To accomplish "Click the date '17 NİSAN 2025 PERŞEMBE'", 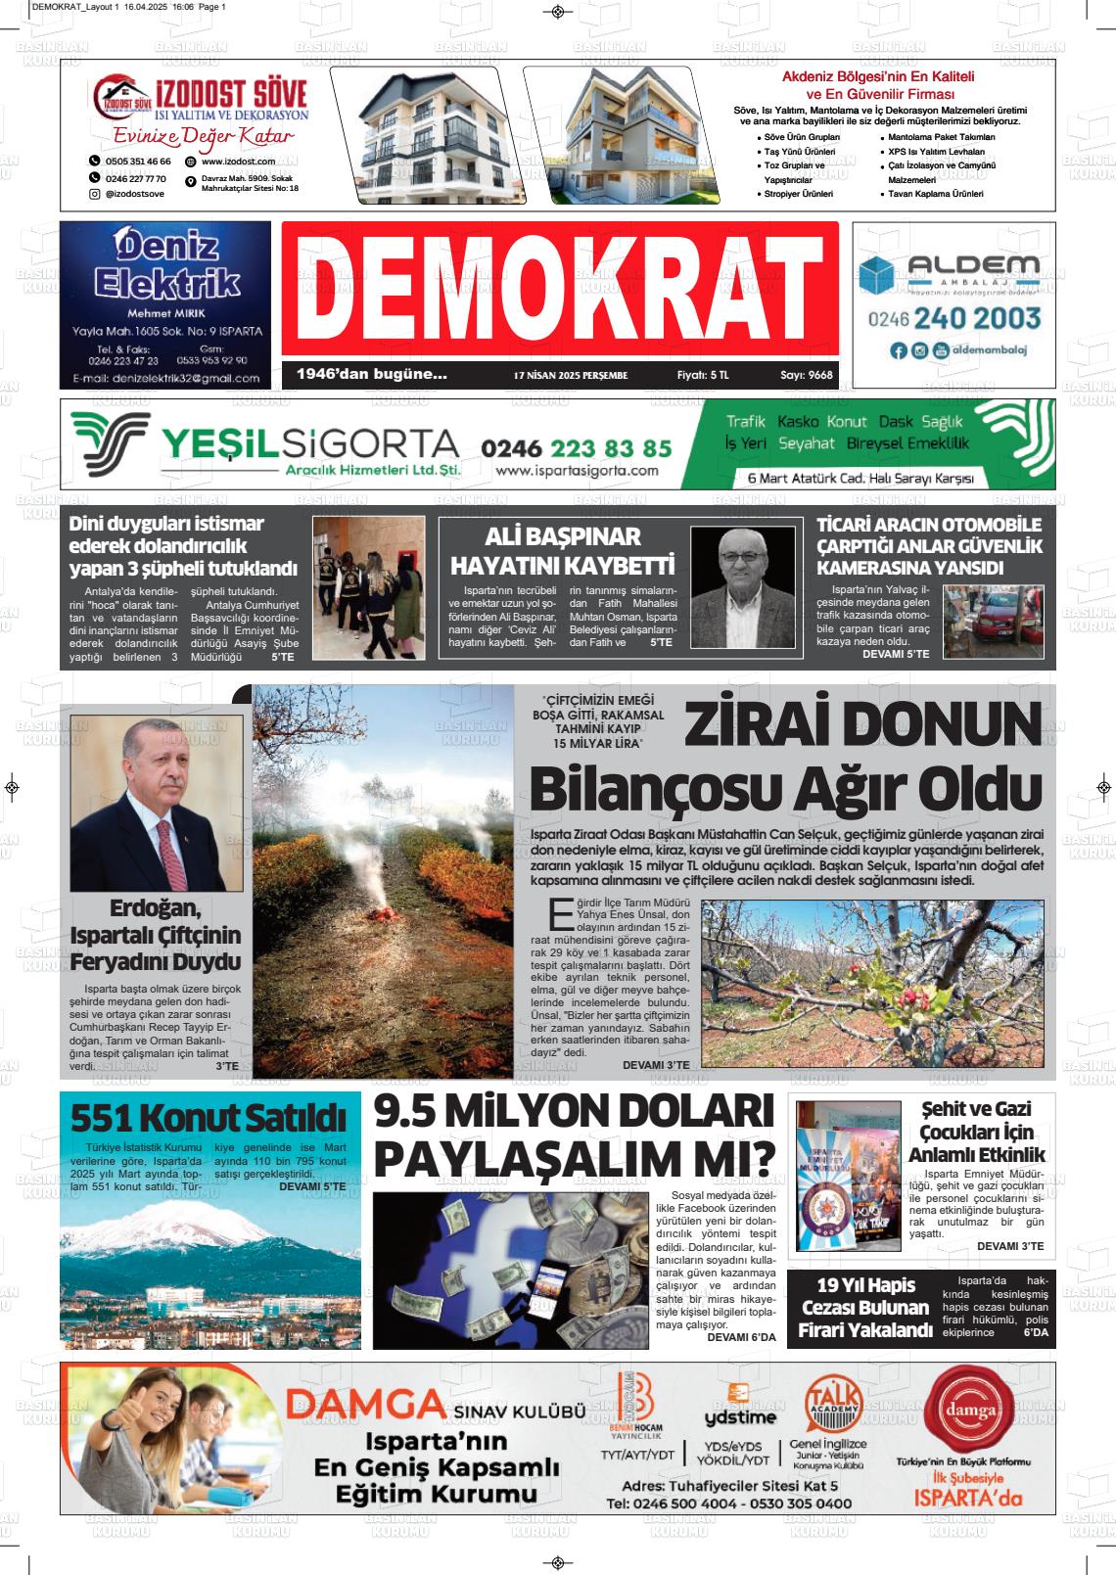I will (x=570, y=375).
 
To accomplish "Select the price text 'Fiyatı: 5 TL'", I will (x=703, y=375).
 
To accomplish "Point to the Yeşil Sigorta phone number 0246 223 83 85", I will (x=576, y=448).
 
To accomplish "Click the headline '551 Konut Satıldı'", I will (x=209, y=1117).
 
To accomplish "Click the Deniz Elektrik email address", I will (x=164, y=378).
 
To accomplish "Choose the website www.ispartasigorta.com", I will (x=577, y=471).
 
